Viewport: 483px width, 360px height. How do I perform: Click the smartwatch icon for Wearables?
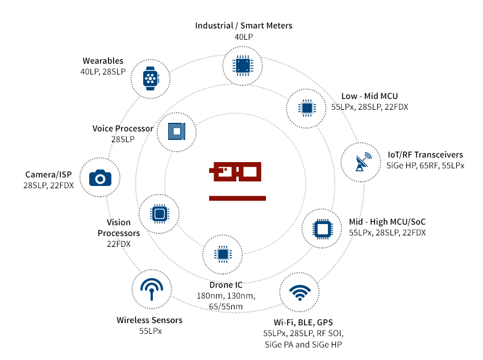coord(151,78)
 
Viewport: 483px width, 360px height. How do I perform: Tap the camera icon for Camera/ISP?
coord(101,179)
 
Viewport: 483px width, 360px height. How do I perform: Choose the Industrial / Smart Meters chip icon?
coord(243,66)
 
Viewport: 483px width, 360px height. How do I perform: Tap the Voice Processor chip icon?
coord(177,131)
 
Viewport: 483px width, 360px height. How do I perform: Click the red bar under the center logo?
coord(238,198)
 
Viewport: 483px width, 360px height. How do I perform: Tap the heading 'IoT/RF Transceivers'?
coord(425,154)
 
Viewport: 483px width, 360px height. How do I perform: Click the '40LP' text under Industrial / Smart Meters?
coord(244,37)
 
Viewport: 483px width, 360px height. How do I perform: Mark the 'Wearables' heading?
coord(103,61)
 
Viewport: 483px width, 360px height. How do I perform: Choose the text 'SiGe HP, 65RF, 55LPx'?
coord(426,165)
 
